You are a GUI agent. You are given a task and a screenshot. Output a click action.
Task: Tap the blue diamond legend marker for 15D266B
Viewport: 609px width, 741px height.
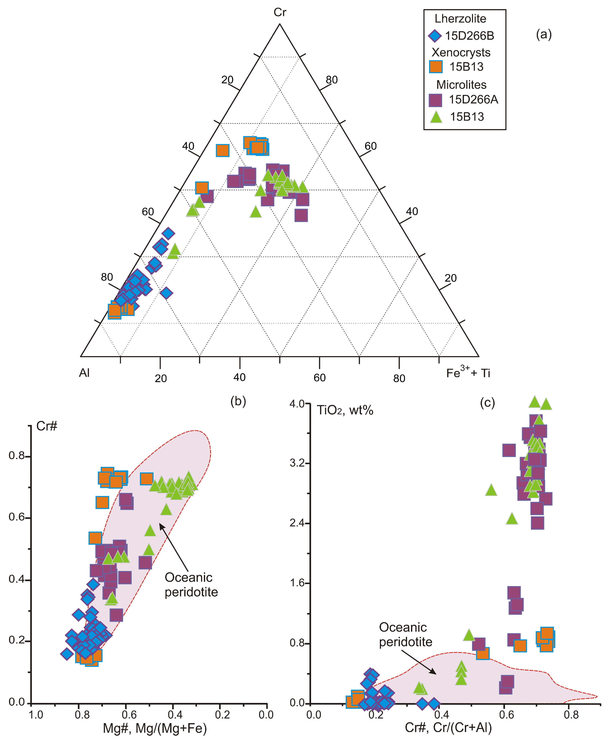pyautogui.click(x=435, y=36)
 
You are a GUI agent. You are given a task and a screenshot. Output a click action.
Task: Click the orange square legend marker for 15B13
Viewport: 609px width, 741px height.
pyautogui.click(x=436, y=67)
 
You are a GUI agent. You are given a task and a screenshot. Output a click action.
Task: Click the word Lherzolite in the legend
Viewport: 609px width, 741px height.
pyautogui.click(x=460, y=19)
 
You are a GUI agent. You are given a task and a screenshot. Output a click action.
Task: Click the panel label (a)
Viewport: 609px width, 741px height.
pyautogui.click(x=544, y=34)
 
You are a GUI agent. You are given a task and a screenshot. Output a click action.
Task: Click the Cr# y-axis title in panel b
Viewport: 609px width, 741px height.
pyautogui.click(x=47, y=426)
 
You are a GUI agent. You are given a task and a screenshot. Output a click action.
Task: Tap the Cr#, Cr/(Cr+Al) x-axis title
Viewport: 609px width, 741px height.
pyautogui.click(x=448, y=728)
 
